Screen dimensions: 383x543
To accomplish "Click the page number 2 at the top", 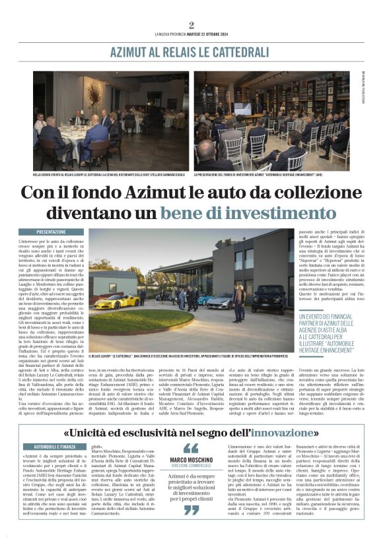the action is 191,25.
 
